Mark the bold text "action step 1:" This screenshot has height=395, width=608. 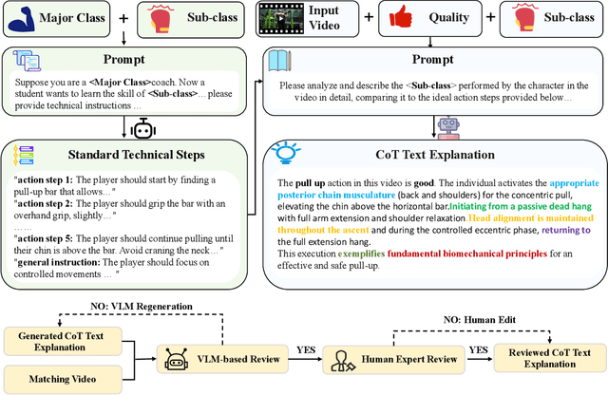tap(47, 179)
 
